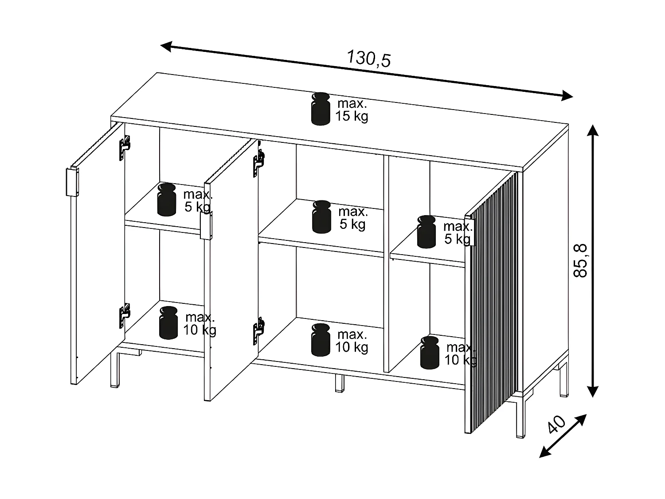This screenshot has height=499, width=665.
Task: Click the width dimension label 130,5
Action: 368,59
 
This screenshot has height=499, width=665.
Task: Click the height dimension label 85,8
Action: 581,261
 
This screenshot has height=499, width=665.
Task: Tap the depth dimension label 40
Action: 557,424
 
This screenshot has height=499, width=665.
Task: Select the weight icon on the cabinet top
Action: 321,109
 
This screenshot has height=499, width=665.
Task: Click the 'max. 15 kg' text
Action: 352,110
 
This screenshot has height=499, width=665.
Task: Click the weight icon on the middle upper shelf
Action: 321,217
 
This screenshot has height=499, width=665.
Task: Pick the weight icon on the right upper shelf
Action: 426,232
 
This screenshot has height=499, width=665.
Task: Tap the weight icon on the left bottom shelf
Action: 168,323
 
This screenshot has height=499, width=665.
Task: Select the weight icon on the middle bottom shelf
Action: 321,340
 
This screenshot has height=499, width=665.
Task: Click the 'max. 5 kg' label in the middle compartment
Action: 353,218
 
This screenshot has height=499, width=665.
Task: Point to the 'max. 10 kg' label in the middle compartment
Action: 352,341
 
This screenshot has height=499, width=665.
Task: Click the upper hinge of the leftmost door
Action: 125,147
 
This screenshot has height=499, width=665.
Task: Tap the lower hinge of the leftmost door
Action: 125,315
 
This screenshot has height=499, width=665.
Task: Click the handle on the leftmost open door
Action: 72,182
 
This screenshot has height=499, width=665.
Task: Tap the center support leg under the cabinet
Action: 339,383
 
